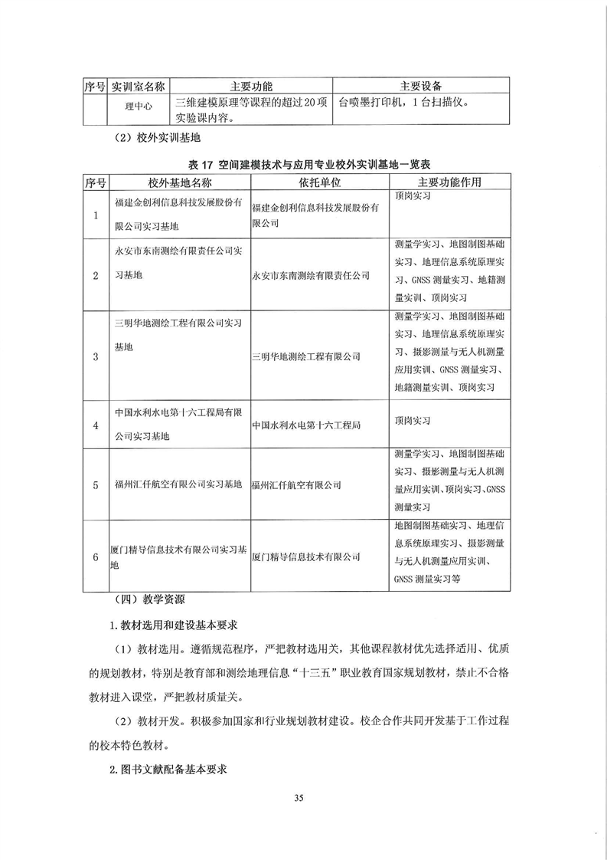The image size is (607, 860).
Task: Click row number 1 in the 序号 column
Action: (x=96, y=215)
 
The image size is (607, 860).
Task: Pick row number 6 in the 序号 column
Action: (x=96, y=557)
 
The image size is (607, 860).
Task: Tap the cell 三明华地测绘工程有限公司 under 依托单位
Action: (x=306, y=356)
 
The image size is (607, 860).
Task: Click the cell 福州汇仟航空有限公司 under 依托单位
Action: (x=296, y=485)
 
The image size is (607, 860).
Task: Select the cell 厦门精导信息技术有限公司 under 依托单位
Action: (x=306, y=557)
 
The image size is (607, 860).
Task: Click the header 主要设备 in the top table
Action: (x=421, y=84)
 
